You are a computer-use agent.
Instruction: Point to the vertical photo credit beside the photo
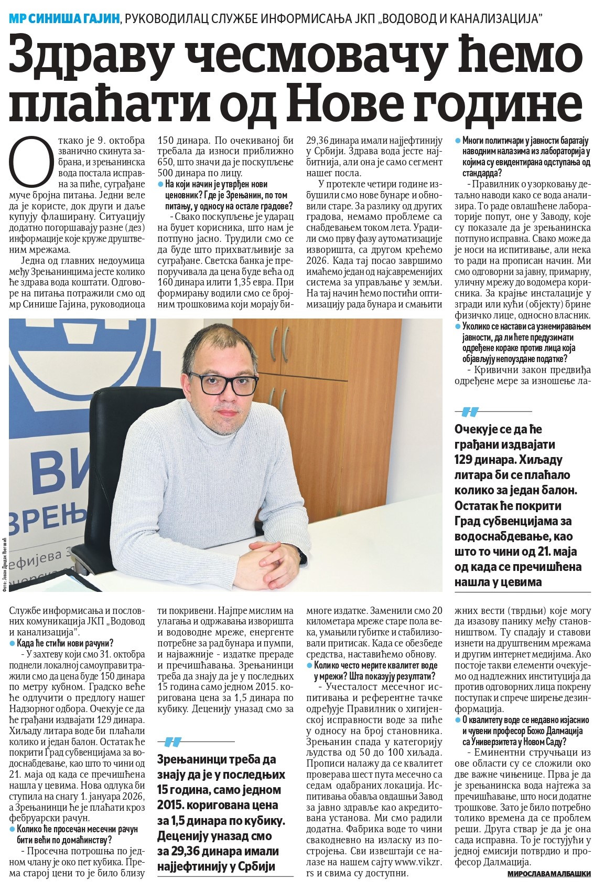click(x=5, y=562)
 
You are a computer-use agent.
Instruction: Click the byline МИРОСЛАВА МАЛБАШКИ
click(x=549, y=873)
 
